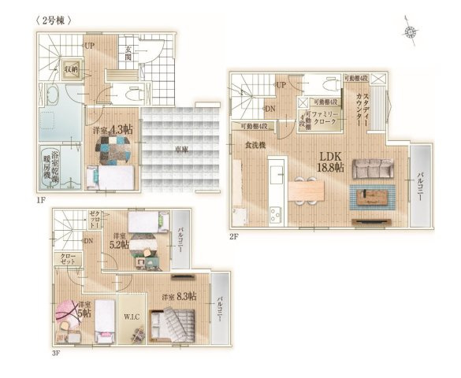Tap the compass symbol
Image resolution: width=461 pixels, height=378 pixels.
point(411,31)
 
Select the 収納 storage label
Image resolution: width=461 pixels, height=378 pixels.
point(71,68)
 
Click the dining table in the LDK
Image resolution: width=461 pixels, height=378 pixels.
point(307,190)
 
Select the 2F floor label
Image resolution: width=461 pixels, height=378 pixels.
point(234,235)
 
